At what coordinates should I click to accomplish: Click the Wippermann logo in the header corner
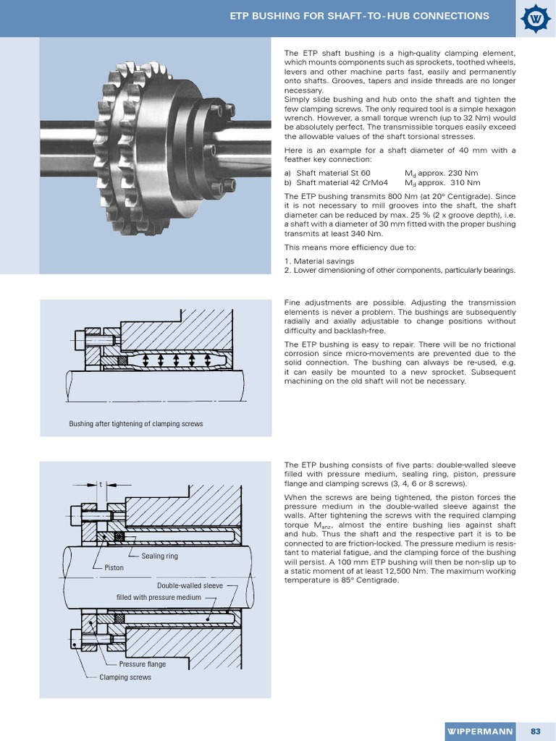tap(536, 17)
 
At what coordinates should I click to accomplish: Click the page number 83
tap(535, 731)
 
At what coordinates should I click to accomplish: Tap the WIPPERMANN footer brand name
tap(479, 731)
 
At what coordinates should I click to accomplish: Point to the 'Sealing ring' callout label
tap(159, 556)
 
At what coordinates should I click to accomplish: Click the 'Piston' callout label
tap(114, 568)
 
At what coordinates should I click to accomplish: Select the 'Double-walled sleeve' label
tap(190, 585)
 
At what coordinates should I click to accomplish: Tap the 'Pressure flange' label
tap(142, 664)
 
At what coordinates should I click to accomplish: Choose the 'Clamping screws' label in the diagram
tap(125, 677)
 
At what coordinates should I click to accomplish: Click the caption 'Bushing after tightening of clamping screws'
tap(135, 423)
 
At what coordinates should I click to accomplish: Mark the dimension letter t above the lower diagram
tap(101, 486)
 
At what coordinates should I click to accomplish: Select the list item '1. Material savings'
tap(319, 261)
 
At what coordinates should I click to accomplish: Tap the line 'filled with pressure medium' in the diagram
tap(158, 598)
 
